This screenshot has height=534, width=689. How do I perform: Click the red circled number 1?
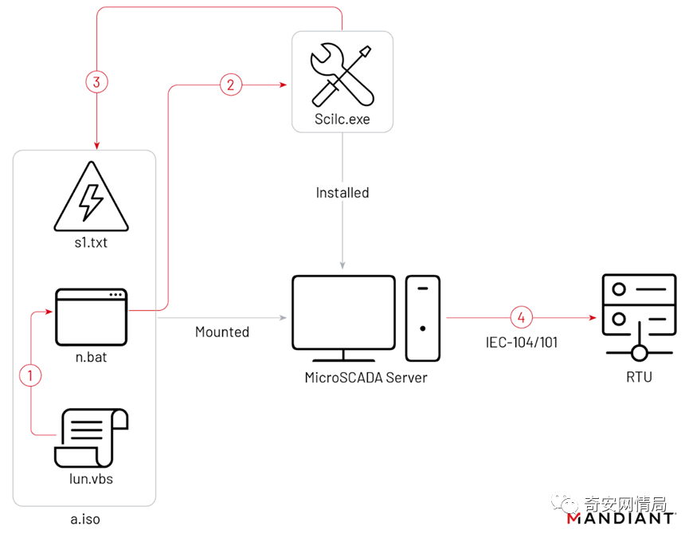coord(30,375)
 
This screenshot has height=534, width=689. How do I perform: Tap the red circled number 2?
coord(231,85)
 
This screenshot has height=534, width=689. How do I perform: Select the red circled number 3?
coord(96,81)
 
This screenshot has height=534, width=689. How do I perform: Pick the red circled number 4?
coord(522,316)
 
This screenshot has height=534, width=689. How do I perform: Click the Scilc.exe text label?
coord(342,120)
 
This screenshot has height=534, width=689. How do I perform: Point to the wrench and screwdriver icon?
coord(342,76)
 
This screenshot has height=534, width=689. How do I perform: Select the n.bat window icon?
coord(91,316)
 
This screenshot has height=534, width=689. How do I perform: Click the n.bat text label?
coord(91,357)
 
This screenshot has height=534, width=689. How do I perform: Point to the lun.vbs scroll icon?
coord(91,436)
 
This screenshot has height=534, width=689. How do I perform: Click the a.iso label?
coord(85,519)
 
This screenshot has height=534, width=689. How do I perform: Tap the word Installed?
coord(343,193)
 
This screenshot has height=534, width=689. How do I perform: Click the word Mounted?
coord(222,332)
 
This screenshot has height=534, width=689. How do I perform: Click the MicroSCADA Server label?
coord(366,378)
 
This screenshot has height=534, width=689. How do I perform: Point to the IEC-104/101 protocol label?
coord(522,343)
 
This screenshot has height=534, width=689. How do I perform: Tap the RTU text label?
coord(638,376)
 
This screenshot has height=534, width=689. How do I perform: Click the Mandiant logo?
coord(621,519)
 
